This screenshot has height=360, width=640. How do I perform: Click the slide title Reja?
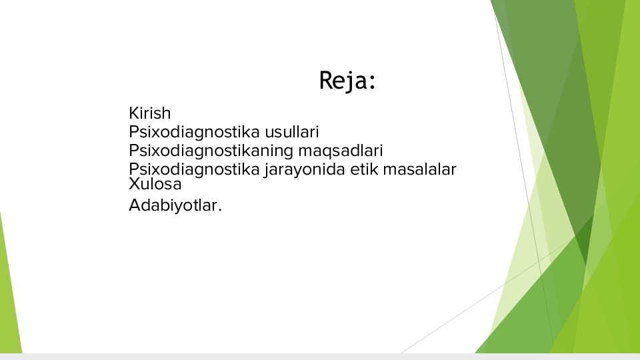click(347, 81)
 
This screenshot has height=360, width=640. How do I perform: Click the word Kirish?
click(150, 113)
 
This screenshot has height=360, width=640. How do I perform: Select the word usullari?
click(292, 132)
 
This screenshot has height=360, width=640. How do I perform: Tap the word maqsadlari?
click(341, 151)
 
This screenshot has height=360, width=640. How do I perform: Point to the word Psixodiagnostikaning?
click(211, 151)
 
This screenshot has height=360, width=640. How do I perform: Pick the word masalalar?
click(419, 169)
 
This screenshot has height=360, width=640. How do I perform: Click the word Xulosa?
click(155, 184)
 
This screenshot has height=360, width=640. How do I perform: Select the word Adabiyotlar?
click(173, 205)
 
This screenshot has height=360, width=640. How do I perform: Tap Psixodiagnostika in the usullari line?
click(194, 132)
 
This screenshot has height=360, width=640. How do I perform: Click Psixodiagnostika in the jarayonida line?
click(194, 169)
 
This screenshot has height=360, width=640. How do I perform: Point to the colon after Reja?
click(372, 81)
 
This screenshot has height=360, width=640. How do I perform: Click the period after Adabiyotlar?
click(220, 210)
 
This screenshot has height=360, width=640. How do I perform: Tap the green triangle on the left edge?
click(9, 294)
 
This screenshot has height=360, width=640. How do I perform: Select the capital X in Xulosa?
click(134, 184)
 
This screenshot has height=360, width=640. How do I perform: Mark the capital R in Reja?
click(327, 80)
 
